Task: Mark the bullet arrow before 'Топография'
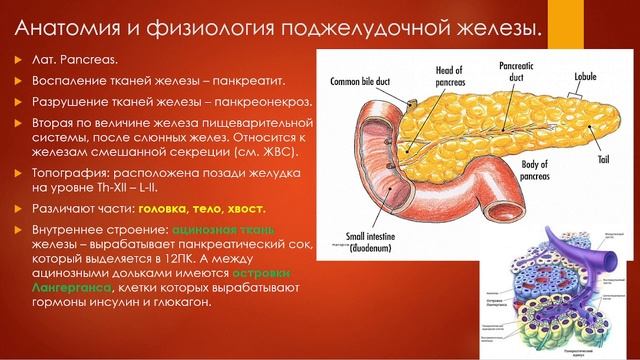coord(15,173)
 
